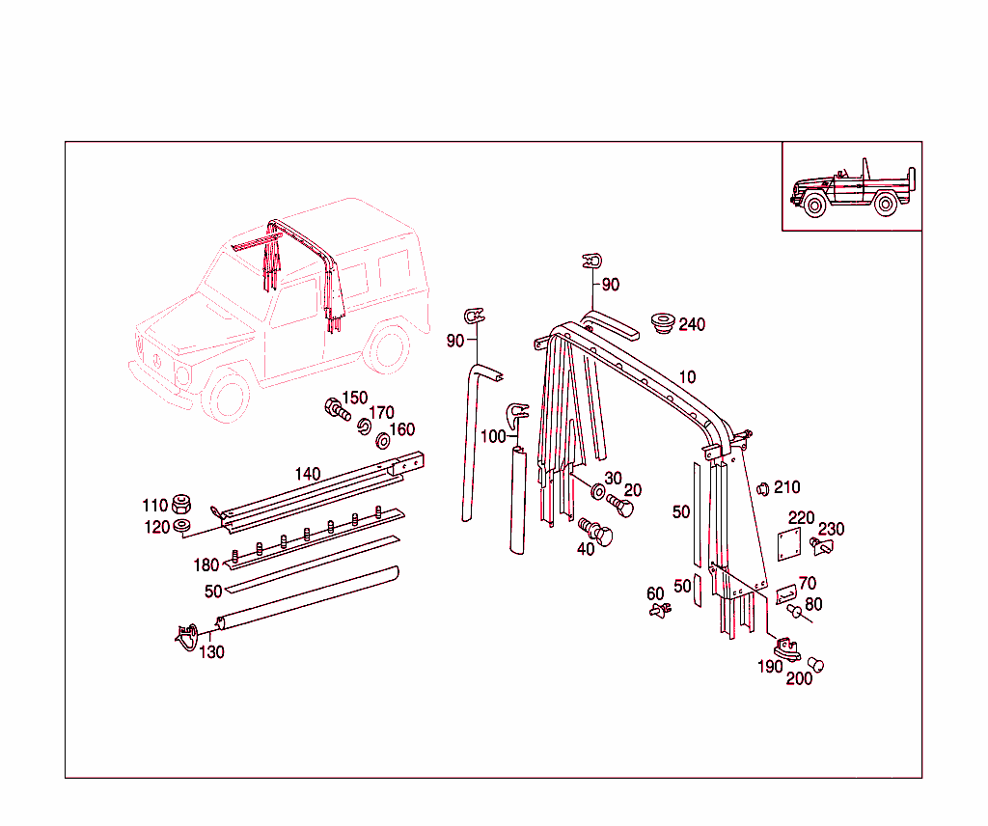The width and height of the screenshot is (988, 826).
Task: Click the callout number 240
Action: click(692, 324)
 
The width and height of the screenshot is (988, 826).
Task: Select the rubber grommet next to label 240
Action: click(662, 321)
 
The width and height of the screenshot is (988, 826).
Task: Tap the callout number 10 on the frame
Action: click(686, 376)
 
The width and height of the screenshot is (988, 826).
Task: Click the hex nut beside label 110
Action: click(180, 505)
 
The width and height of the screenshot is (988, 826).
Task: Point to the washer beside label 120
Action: click(180, 526)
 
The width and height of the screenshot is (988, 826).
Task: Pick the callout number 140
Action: click(308, 474)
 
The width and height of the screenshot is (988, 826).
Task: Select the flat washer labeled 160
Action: click(381, 441)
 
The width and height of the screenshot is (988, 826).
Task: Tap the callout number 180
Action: click(206, 565)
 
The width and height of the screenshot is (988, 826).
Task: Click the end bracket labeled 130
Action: click(188, 634)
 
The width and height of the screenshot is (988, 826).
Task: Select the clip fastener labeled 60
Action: click(659, 610)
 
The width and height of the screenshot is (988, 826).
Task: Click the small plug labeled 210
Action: click(760, 487)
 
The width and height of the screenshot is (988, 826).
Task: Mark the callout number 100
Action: click(492, 436)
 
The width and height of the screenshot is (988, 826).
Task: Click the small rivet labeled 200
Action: click(815, 664)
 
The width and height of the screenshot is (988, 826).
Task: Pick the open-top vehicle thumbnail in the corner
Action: click(851, 187)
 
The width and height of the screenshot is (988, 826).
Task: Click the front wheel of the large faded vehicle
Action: click(230, 397)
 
